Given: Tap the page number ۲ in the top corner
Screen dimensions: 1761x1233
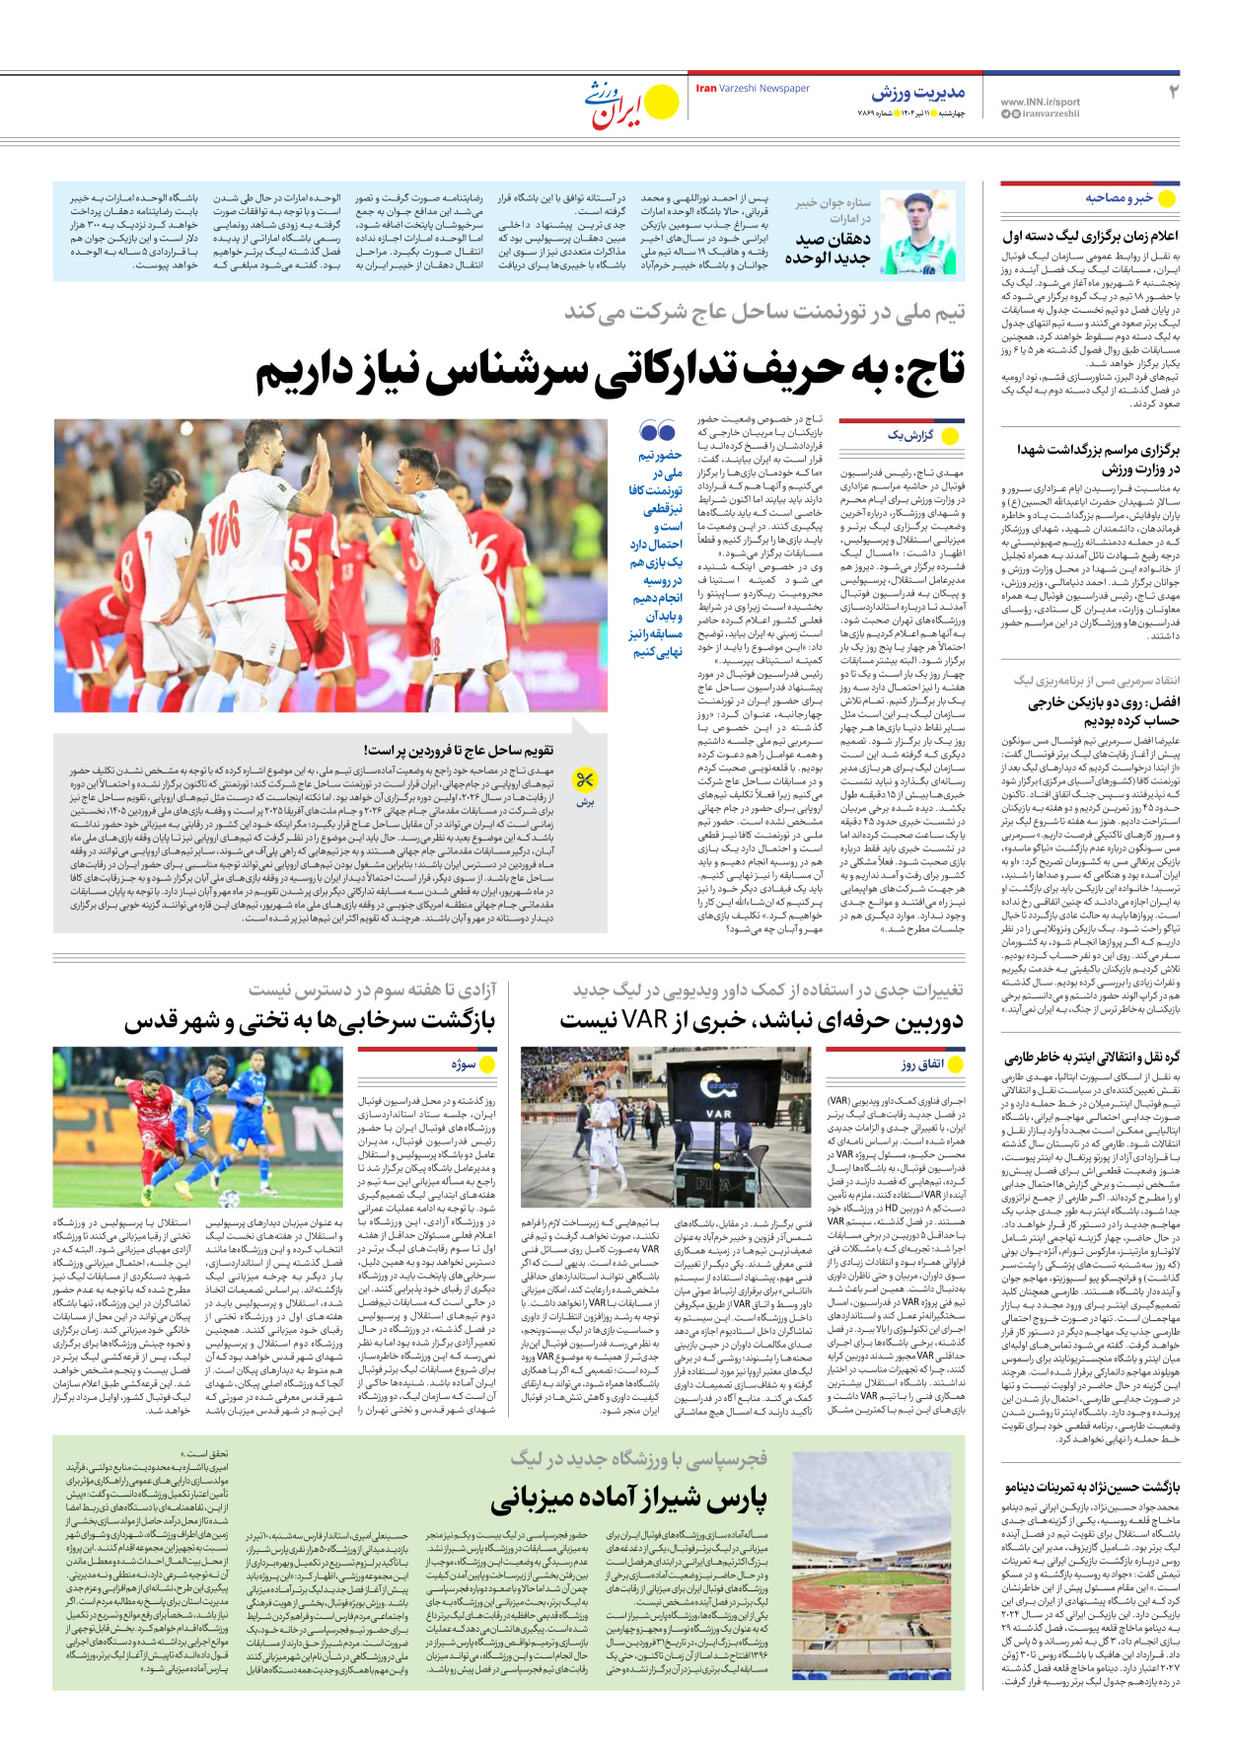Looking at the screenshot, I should tap(1174, 92).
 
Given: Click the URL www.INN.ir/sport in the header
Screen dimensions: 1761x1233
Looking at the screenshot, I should tap(1040, 102).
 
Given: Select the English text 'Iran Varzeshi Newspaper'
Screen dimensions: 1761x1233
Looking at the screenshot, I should tap(753, 89).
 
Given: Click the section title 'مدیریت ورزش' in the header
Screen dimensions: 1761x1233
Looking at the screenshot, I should tap(917, 93).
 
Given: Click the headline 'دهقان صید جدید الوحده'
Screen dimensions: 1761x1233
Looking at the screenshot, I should tap(828, 248).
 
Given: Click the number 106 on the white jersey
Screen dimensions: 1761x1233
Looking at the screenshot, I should tap(222, 522).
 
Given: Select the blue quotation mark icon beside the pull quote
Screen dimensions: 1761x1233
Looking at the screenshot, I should tap(657, 432).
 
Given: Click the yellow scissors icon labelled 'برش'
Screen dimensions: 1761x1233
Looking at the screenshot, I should tap(585, 781).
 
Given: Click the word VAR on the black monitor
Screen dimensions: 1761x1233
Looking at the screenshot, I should tap(718, 1114).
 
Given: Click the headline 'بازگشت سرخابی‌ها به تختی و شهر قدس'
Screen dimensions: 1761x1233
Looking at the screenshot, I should tap(309, 1021).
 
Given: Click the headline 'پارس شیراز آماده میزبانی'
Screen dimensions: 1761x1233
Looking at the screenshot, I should tap(628, 1499).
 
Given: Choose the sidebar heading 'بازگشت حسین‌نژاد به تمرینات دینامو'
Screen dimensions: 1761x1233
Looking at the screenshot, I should tap(1092, 1487).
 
